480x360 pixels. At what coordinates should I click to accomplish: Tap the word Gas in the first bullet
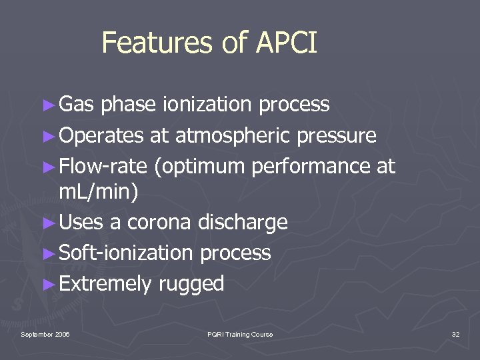77,105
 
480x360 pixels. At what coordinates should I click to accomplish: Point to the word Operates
101,136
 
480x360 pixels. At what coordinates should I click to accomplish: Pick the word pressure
337,137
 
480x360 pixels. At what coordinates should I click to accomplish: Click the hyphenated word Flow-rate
103,167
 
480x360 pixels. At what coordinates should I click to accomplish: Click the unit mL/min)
99,193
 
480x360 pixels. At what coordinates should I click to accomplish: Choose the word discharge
243,223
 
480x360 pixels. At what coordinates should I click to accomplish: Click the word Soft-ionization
126,253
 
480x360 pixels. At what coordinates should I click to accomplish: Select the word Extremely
105,285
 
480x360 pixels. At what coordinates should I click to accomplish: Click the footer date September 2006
45,334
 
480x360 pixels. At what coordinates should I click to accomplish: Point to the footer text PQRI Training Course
240,334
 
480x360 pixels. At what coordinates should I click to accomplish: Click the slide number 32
455,334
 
